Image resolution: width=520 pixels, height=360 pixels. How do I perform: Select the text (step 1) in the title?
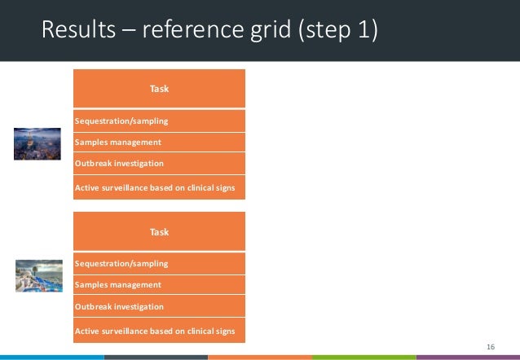tap(337, 30)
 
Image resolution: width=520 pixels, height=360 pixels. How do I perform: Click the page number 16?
tap(490, 347)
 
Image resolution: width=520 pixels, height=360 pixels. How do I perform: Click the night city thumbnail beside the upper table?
tap(37, 143)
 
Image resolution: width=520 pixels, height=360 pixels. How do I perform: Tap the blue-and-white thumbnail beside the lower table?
tap(37, 276)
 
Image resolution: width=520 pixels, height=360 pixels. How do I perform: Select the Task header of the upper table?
tap(159, 88)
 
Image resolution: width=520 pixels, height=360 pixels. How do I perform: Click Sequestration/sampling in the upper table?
tap(121, 121)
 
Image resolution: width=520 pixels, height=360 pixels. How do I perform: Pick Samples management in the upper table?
tap(117, 143)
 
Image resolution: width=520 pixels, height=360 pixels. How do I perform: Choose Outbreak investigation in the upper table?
tap(119, 164)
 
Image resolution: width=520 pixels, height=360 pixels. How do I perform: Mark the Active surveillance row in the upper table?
tap(155, 188)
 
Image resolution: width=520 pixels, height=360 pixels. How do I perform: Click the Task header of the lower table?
tap(159, 232)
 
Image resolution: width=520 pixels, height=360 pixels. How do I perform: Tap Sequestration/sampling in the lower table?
tap(121, 264)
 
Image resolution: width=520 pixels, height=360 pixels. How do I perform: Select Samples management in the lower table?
tap(117, 285)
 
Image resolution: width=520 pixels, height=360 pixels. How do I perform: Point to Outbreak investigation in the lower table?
tap(119, 307)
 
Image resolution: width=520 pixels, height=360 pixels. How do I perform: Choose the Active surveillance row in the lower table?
tap(155, 331)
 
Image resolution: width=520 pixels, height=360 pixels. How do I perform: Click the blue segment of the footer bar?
tap(51, 357)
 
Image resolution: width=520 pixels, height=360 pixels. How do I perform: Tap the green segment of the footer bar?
tap(364, 357)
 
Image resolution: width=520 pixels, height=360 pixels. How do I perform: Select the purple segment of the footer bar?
tap(468, 357)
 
